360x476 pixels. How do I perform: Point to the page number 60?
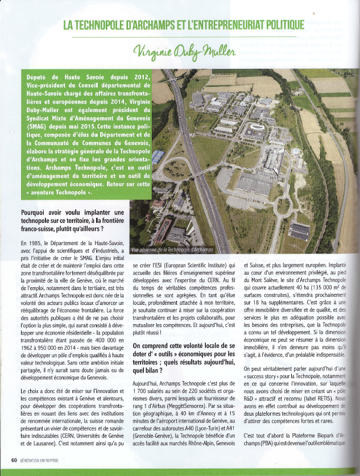(13, 460)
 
